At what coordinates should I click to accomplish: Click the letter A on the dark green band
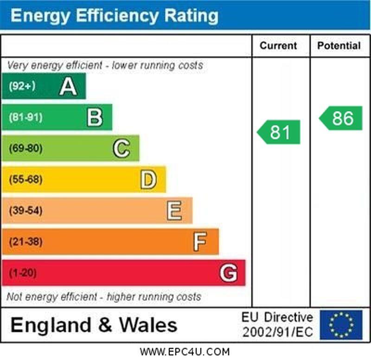point(68,86)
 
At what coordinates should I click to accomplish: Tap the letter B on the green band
point(95,117)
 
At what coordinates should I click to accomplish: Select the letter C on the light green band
point(122,148)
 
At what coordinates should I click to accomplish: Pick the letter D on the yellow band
point(148,180)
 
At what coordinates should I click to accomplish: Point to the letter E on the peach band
point(174,211)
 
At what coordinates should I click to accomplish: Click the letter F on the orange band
point(200,242)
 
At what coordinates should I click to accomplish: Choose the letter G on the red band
point(228,273)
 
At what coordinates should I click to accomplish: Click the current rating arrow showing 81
point(279,132)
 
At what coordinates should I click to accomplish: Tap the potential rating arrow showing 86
point(341,118)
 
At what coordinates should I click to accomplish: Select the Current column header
point(278,45)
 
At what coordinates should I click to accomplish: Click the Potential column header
point(339,45)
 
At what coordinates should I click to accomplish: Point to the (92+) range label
point(22,86)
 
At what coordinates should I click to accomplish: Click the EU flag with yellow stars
point(341,325)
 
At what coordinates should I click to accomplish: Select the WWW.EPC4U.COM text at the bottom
point(185,352)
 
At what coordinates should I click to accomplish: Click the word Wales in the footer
point(148,325)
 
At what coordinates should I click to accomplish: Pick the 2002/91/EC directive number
point(277,332)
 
